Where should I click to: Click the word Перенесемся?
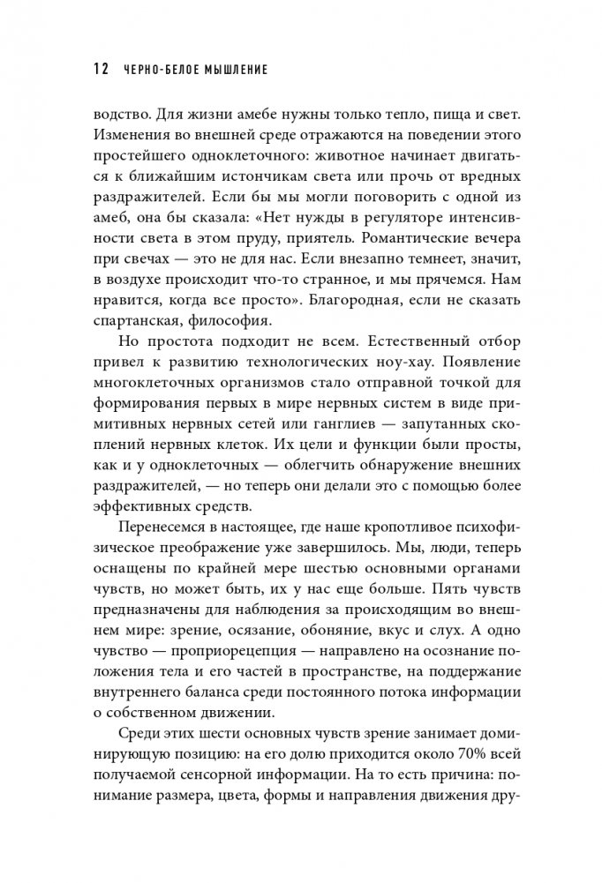tap(161, 533)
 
